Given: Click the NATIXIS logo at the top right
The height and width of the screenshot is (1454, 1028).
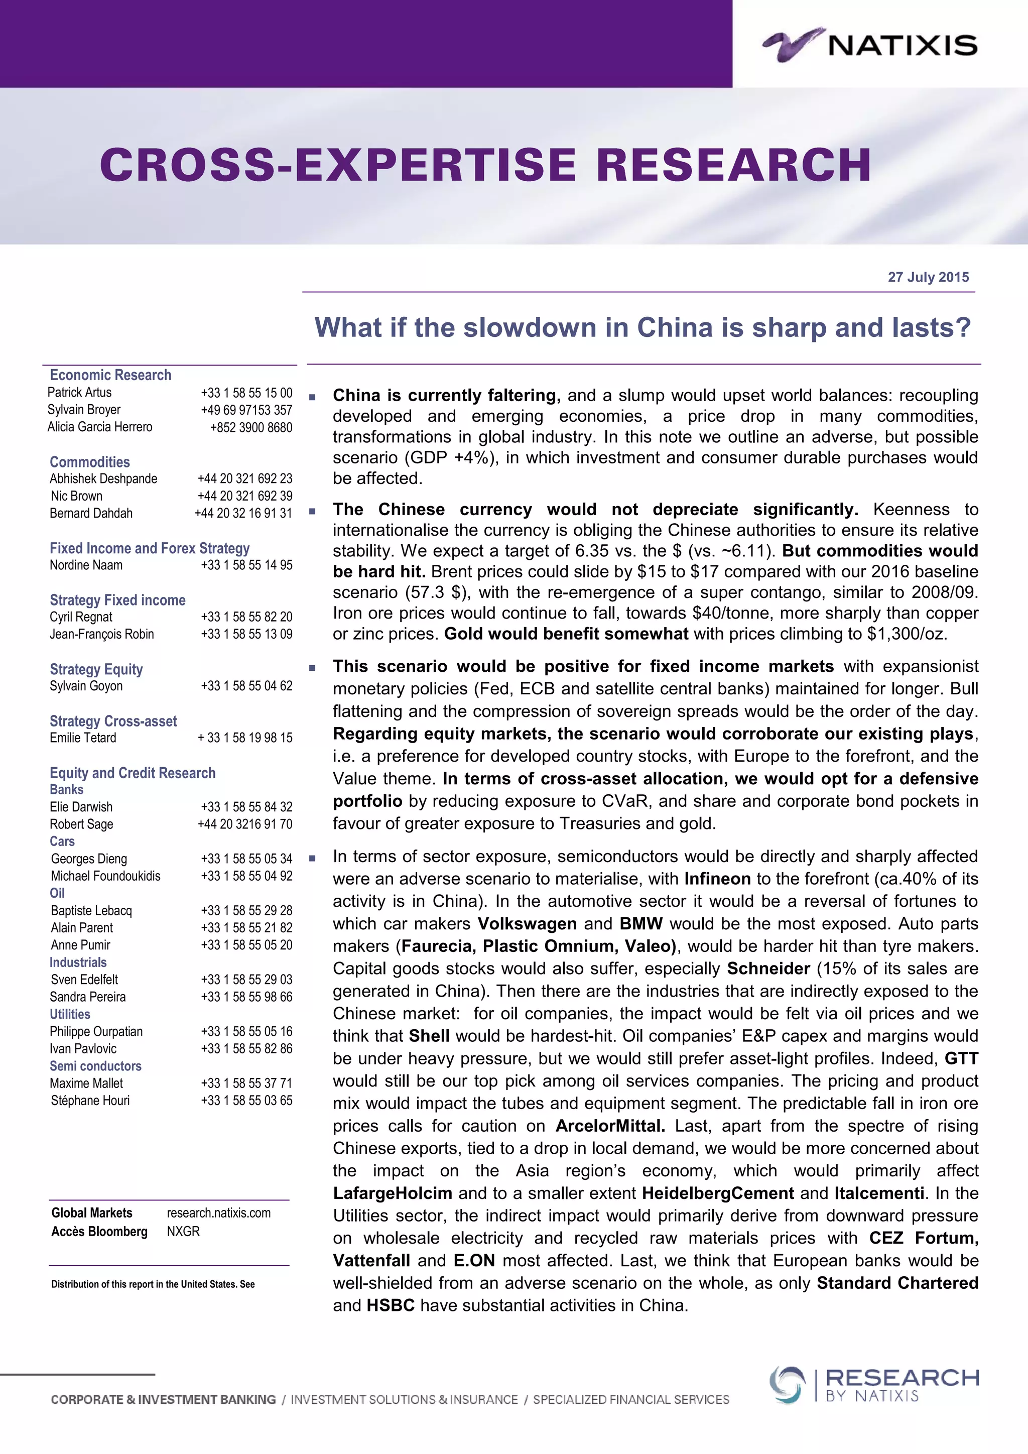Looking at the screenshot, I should coord(870,44).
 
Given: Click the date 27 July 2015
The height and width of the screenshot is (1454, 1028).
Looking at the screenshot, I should coord(928,277).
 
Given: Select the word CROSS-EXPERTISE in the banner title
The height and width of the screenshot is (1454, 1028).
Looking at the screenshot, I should coord(338,165).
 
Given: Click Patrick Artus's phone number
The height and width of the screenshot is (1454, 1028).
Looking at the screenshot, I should coord(247,393).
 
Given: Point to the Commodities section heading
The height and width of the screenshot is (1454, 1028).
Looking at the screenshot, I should coord(89,462).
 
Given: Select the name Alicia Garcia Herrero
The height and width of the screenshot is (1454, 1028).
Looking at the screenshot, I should coord(100,427).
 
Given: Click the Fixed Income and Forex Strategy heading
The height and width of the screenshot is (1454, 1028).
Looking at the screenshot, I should coord(150,548).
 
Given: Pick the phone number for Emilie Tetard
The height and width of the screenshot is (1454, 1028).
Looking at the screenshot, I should coord(245,738).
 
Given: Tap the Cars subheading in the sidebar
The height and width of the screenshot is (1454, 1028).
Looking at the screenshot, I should coord(62,841).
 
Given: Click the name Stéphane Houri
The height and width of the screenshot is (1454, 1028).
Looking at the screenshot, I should coord(90,1101).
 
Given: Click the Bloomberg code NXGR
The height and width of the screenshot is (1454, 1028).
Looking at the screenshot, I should coord(183,1231).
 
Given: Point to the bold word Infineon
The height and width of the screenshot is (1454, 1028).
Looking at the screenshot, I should coord(717,879).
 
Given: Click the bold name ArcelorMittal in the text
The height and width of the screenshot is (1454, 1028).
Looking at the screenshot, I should coord(609,1126).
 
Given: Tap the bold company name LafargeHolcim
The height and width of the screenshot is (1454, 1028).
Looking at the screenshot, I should coord(393,1193).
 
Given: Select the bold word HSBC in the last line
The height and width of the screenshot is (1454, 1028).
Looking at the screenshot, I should coord(391,1305).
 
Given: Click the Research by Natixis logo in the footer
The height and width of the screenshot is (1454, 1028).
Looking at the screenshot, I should coord(873,1385).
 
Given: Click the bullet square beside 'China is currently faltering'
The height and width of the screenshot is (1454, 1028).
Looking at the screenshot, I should coord(312,397).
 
